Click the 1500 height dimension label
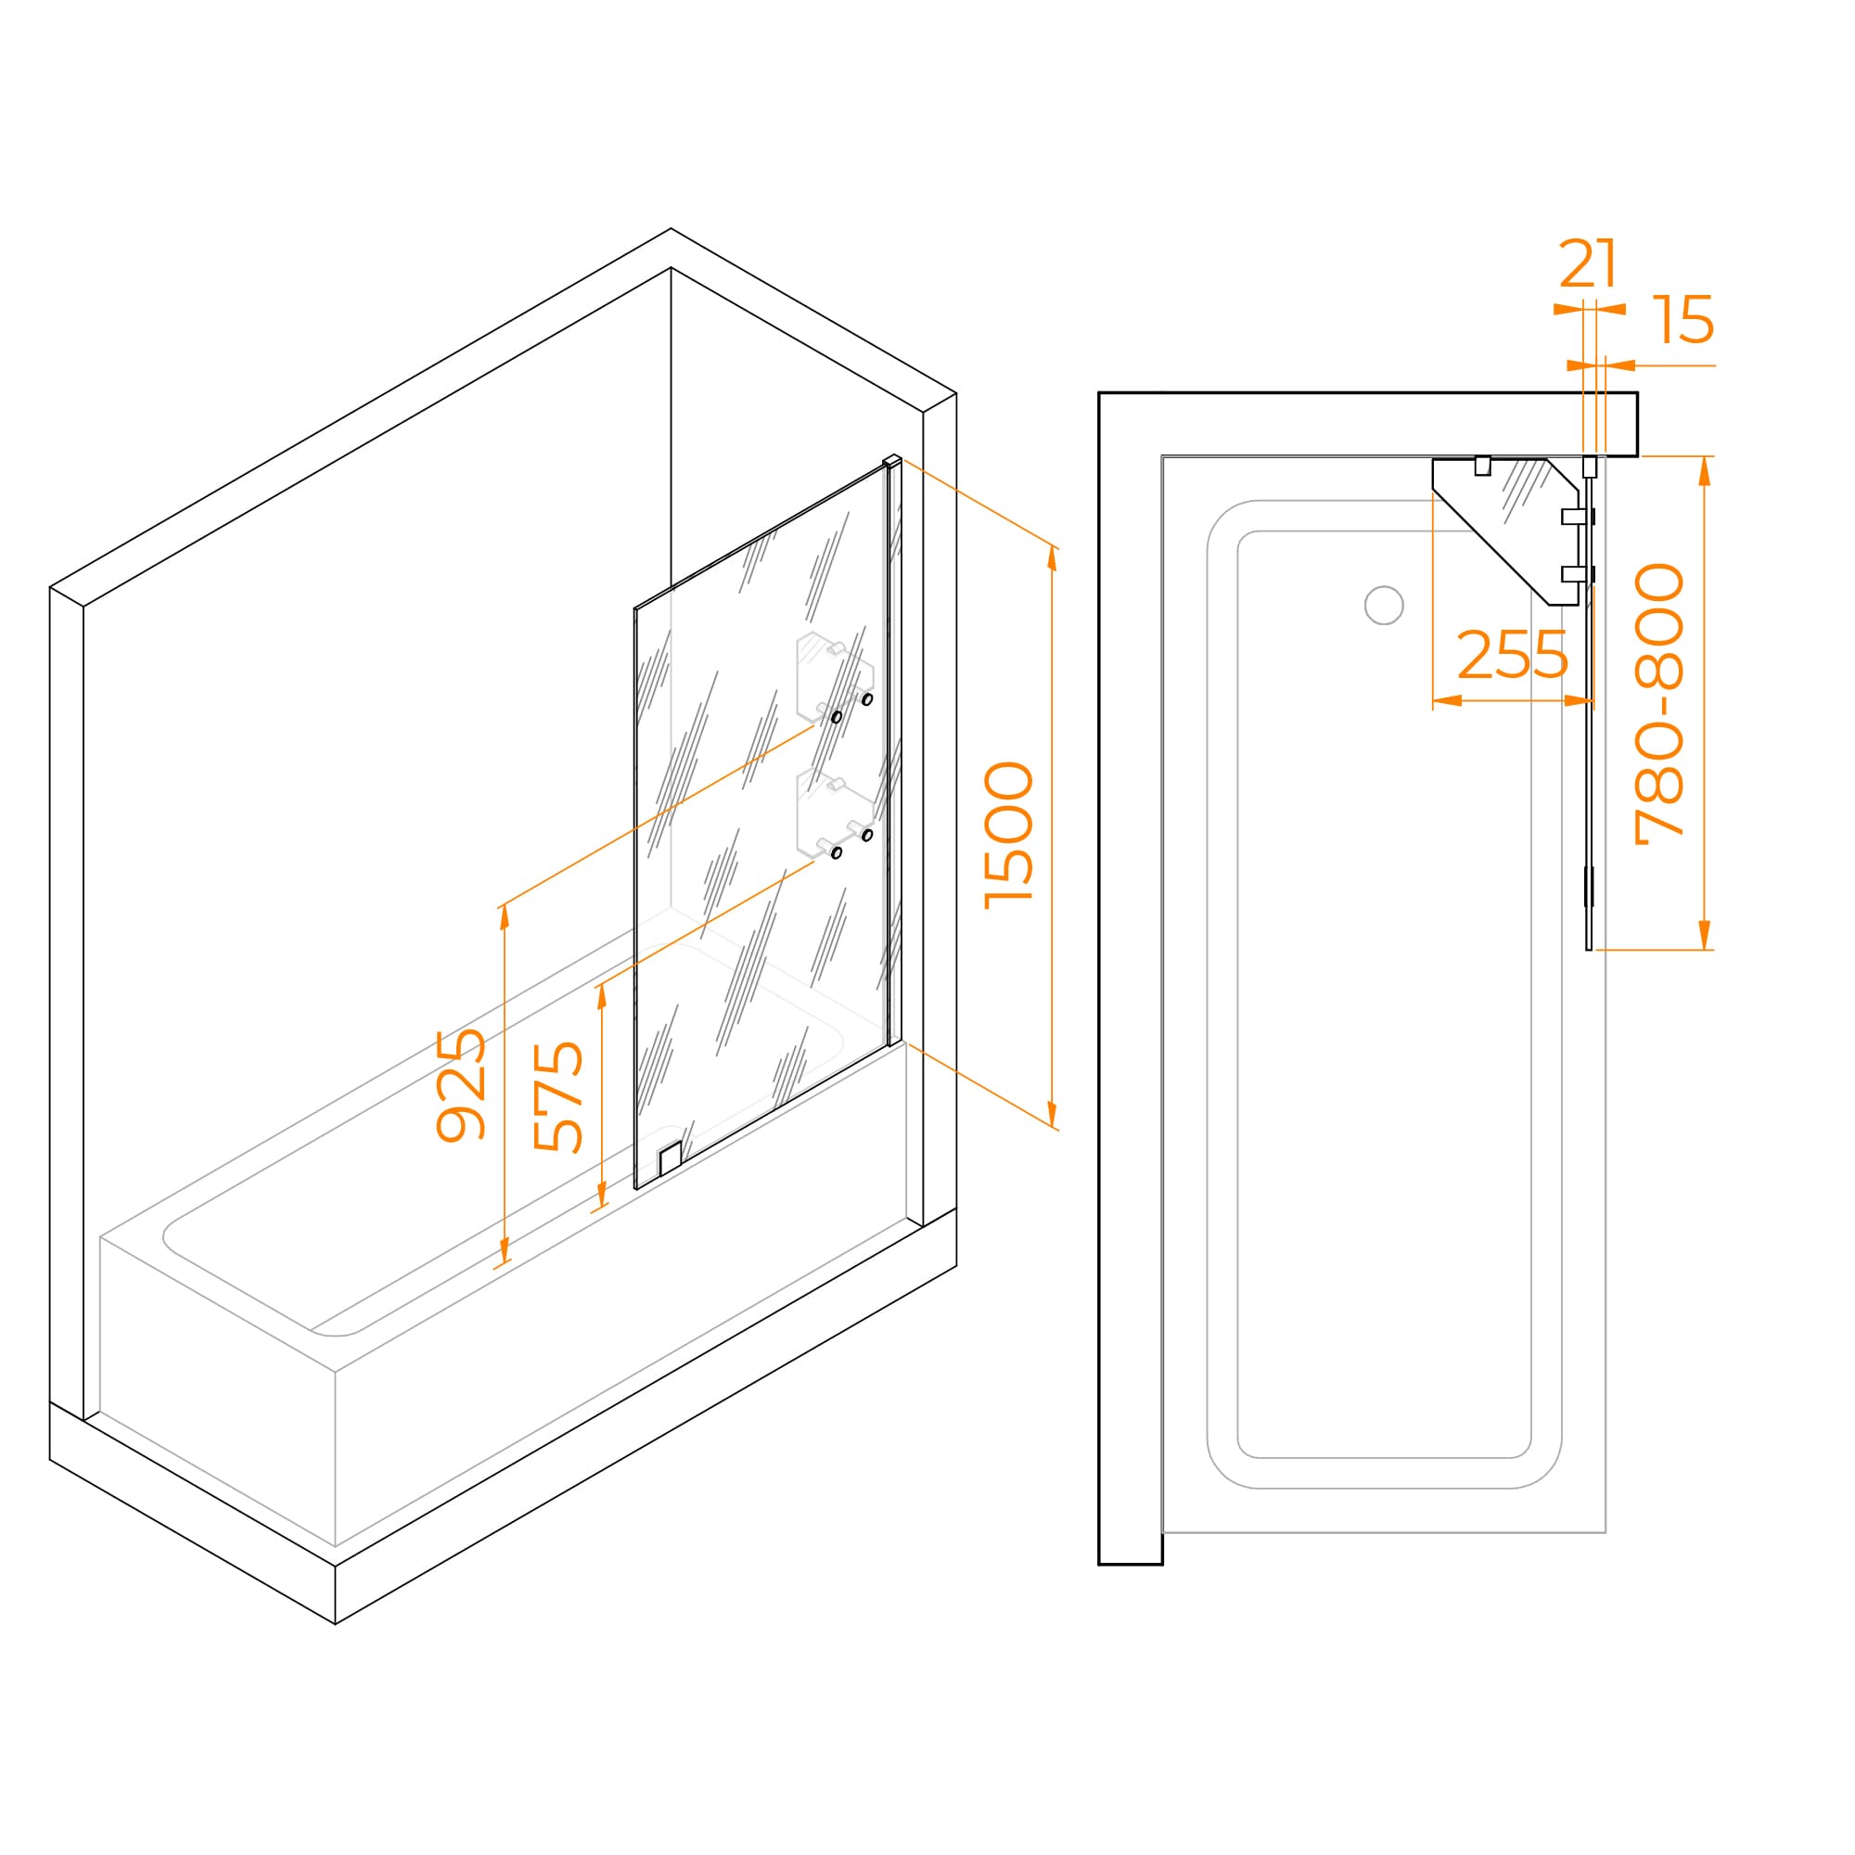1009,836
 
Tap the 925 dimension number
461,1085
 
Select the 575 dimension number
557,1096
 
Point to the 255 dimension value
1512,656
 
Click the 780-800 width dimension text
1659,704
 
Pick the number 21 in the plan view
1588,263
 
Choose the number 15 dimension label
1683,319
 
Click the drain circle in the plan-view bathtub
1384,605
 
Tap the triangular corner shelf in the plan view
1504,531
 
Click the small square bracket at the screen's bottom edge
671,1158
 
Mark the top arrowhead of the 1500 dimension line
1053,558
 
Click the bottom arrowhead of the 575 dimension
602,1195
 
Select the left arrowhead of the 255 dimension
1447,700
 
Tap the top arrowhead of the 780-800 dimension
1706,470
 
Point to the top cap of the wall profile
892,461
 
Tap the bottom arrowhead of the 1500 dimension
1053,1114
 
